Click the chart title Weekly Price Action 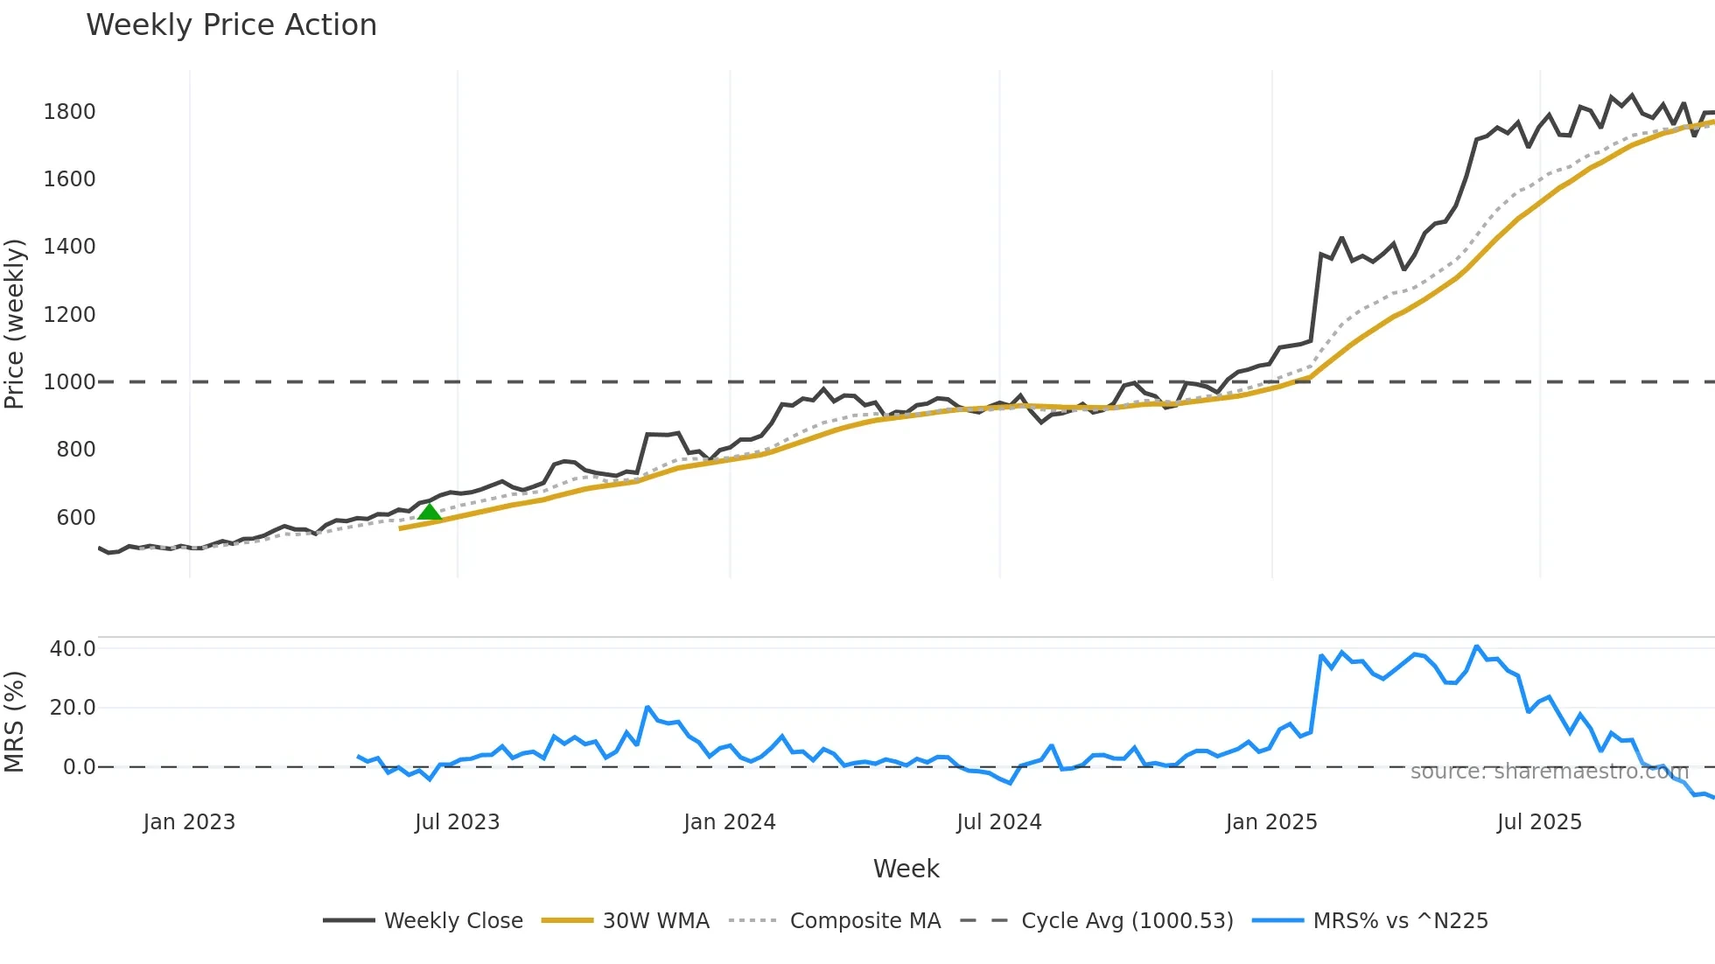pyautogui.click(x=231, y=25)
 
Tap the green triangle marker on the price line pyautogui.click(x=429, y=512)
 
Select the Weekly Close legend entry pyautogui.click(x=423, y=921)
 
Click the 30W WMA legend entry pyautogui.click(x=626, y=921)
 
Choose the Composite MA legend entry pyautogui.click(x=835, y=921)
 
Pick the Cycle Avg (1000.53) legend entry pyautogui.click(x=1096, y=921)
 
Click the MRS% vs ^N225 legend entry pyautogui.click(x=1370, y=921)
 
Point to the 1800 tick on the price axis pyautogui.click(x=69, y=112)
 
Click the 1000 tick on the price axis pyautogui.click(x=69, y=382)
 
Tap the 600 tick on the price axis pyautogui.click(x=75, y=518)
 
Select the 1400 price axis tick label pyautogui.click(x=69, y=247)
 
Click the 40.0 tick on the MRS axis pyautogui.click(x=73, y=649)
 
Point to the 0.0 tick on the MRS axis pyautogui.click(x=79, y=767)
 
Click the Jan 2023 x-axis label pyautogui.click(x=189, y=822)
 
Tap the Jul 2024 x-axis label pyautogui.click(x=998, y=822)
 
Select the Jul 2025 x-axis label pyautogui.click(x=1539, y=822)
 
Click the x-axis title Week pyautogui.click(x=906, y=869)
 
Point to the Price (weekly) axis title pyautogui.click(x=14, y=324)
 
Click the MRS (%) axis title pyautogui.click(x=14, y=722)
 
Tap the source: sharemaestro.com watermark pyautogui.click(x=1549, y=772)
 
